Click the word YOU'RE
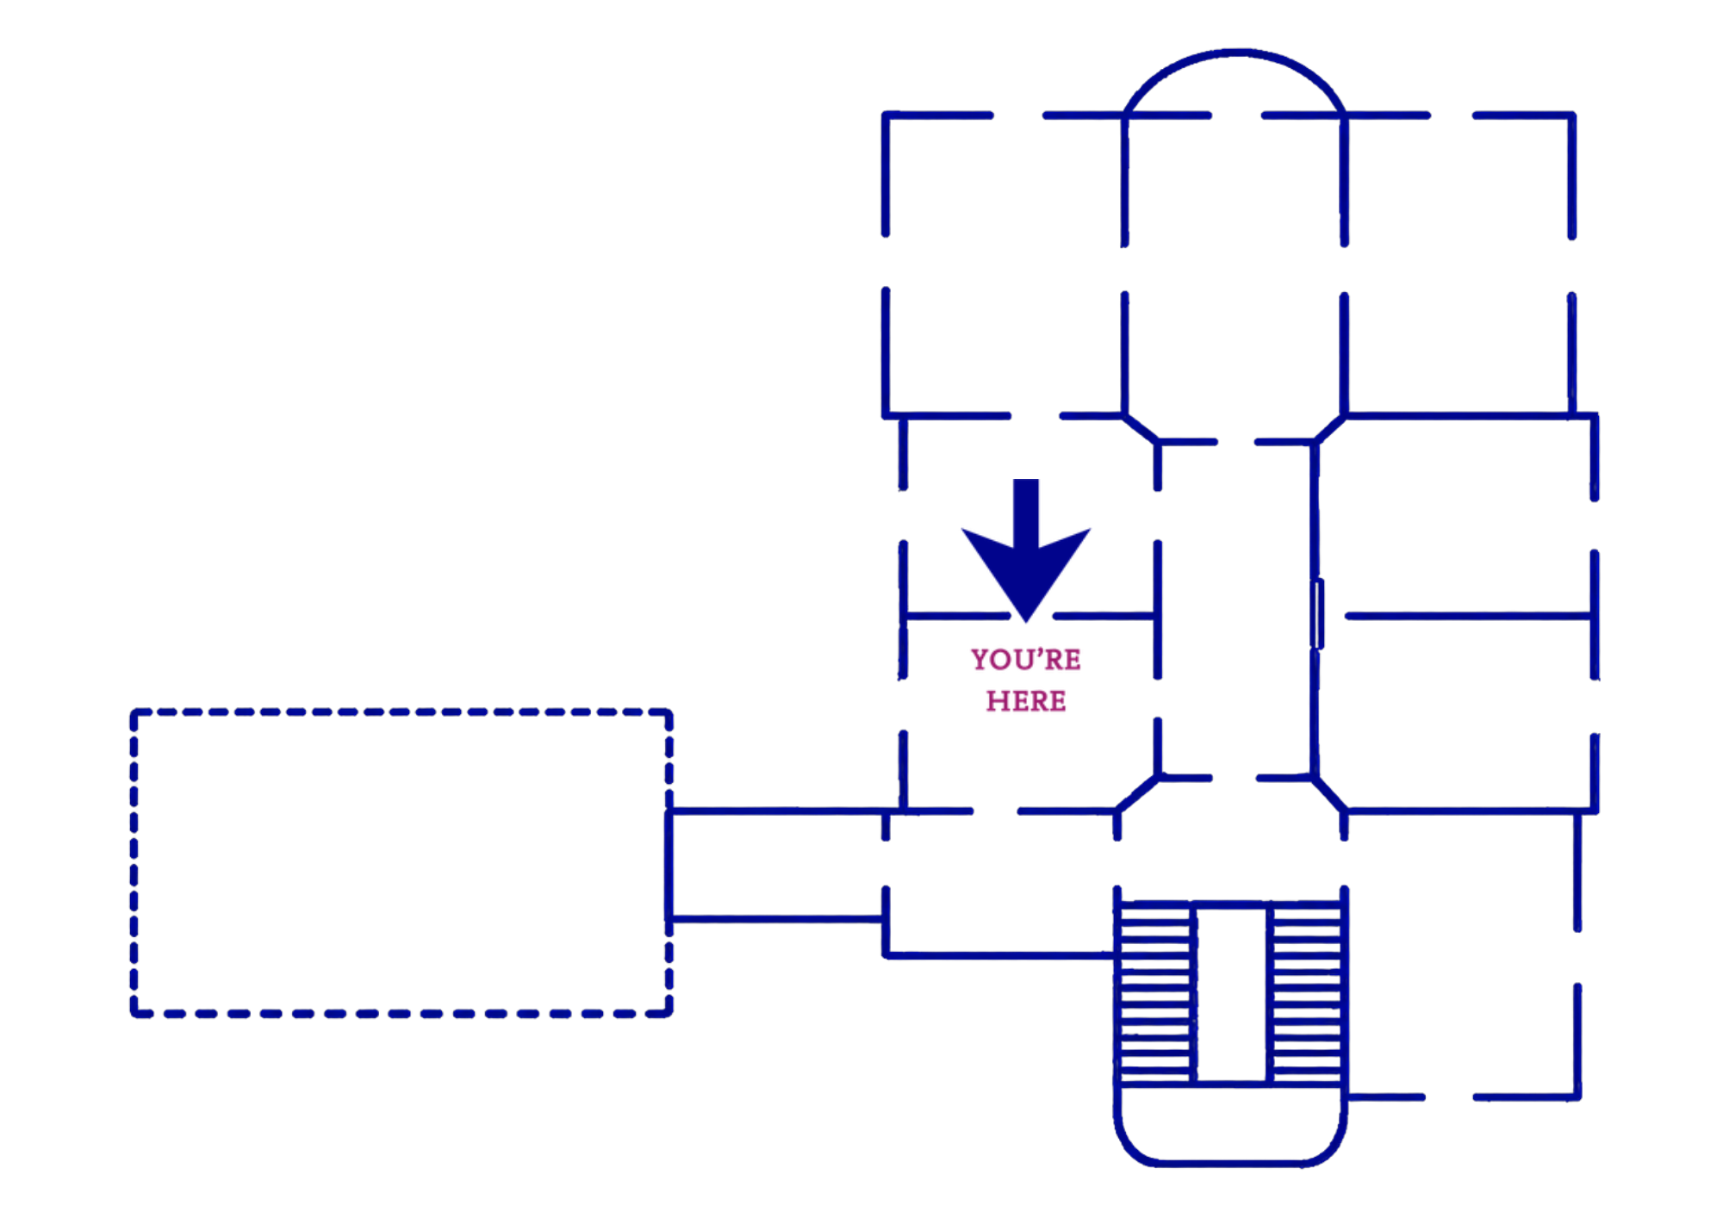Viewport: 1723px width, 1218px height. click(x=1025, y=660)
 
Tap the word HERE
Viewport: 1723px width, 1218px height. click(x=1026, y=701)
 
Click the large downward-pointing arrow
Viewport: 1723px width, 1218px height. click(x=1026, y=551)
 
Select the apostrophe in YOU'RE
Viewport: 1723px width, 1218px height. click(x=1041, y=652)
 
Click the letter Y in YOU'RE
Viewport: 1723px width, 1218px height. click(x=980, y=660)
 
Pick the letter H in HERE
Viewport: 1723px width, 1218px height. click(x=997, y=701)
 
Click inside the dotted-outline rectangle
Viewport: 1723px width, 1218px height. click(x=401, y=862)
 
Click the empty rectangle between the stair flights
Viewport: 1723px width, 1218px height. click(x=1232, y=993)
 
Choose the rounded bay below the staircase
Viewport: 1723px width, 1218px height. click(x=1230, y=1163)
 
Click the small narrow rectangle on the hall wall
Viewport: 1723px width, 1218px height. click(x=1317, y=614)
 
